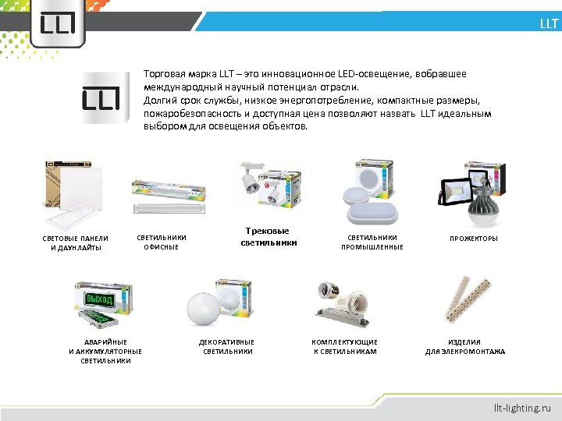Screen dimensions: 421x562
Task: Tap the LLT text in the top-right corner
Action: [x=549, y=24]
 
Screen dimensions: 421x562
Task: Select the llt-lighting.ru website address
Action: [x=522, y=407]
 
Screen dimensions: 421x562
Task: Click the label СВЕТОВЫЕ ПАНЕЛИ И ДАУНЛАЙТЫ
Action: [x=75, y=243]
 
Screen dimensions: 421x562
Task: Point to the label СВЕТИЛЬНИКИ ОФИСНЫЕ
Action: [x=162, y=242]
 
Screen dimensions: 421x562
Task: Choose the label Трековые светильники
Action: [x=268, y=237]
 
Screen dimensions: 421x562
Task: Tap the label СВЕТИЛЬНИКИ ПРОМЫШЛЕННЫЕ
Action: [x=372, y=242]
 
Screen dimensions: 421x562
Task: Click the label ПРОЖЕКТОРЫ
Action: [x=474, y=239]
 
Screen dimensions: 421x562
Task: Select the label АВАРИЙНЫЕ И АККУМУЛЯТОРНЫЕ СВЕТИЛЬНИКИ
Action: [x=105, y=352]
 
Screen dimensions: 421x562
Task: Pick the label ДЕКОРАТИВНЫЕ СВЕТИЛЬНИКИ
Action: [x=227, y=347]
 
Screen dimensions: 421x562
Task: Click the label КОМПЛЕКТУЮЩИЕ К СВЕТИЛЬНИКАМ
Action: [x=345, y=347]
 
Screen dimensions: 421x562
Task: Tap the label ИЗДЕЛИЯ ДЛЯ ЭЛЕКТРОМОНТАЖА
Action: [x=465, y=347]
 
